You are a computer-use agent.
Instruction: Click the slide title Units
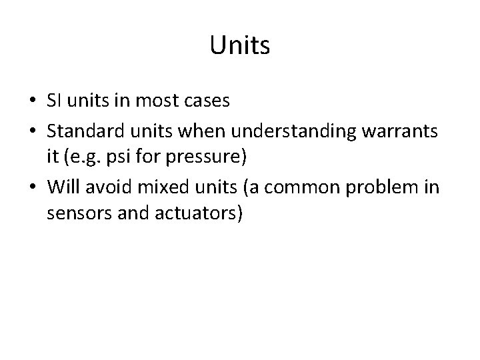pyautogui.click(x=239, y=45)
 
